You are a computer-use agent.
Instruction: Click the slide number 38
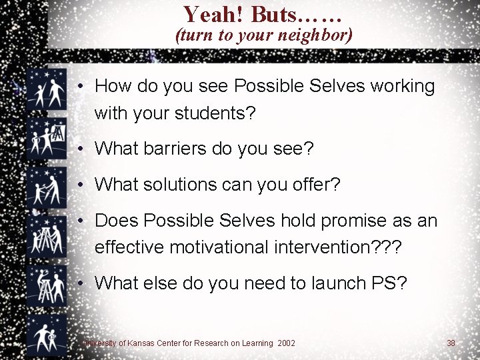click(451, 343)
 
